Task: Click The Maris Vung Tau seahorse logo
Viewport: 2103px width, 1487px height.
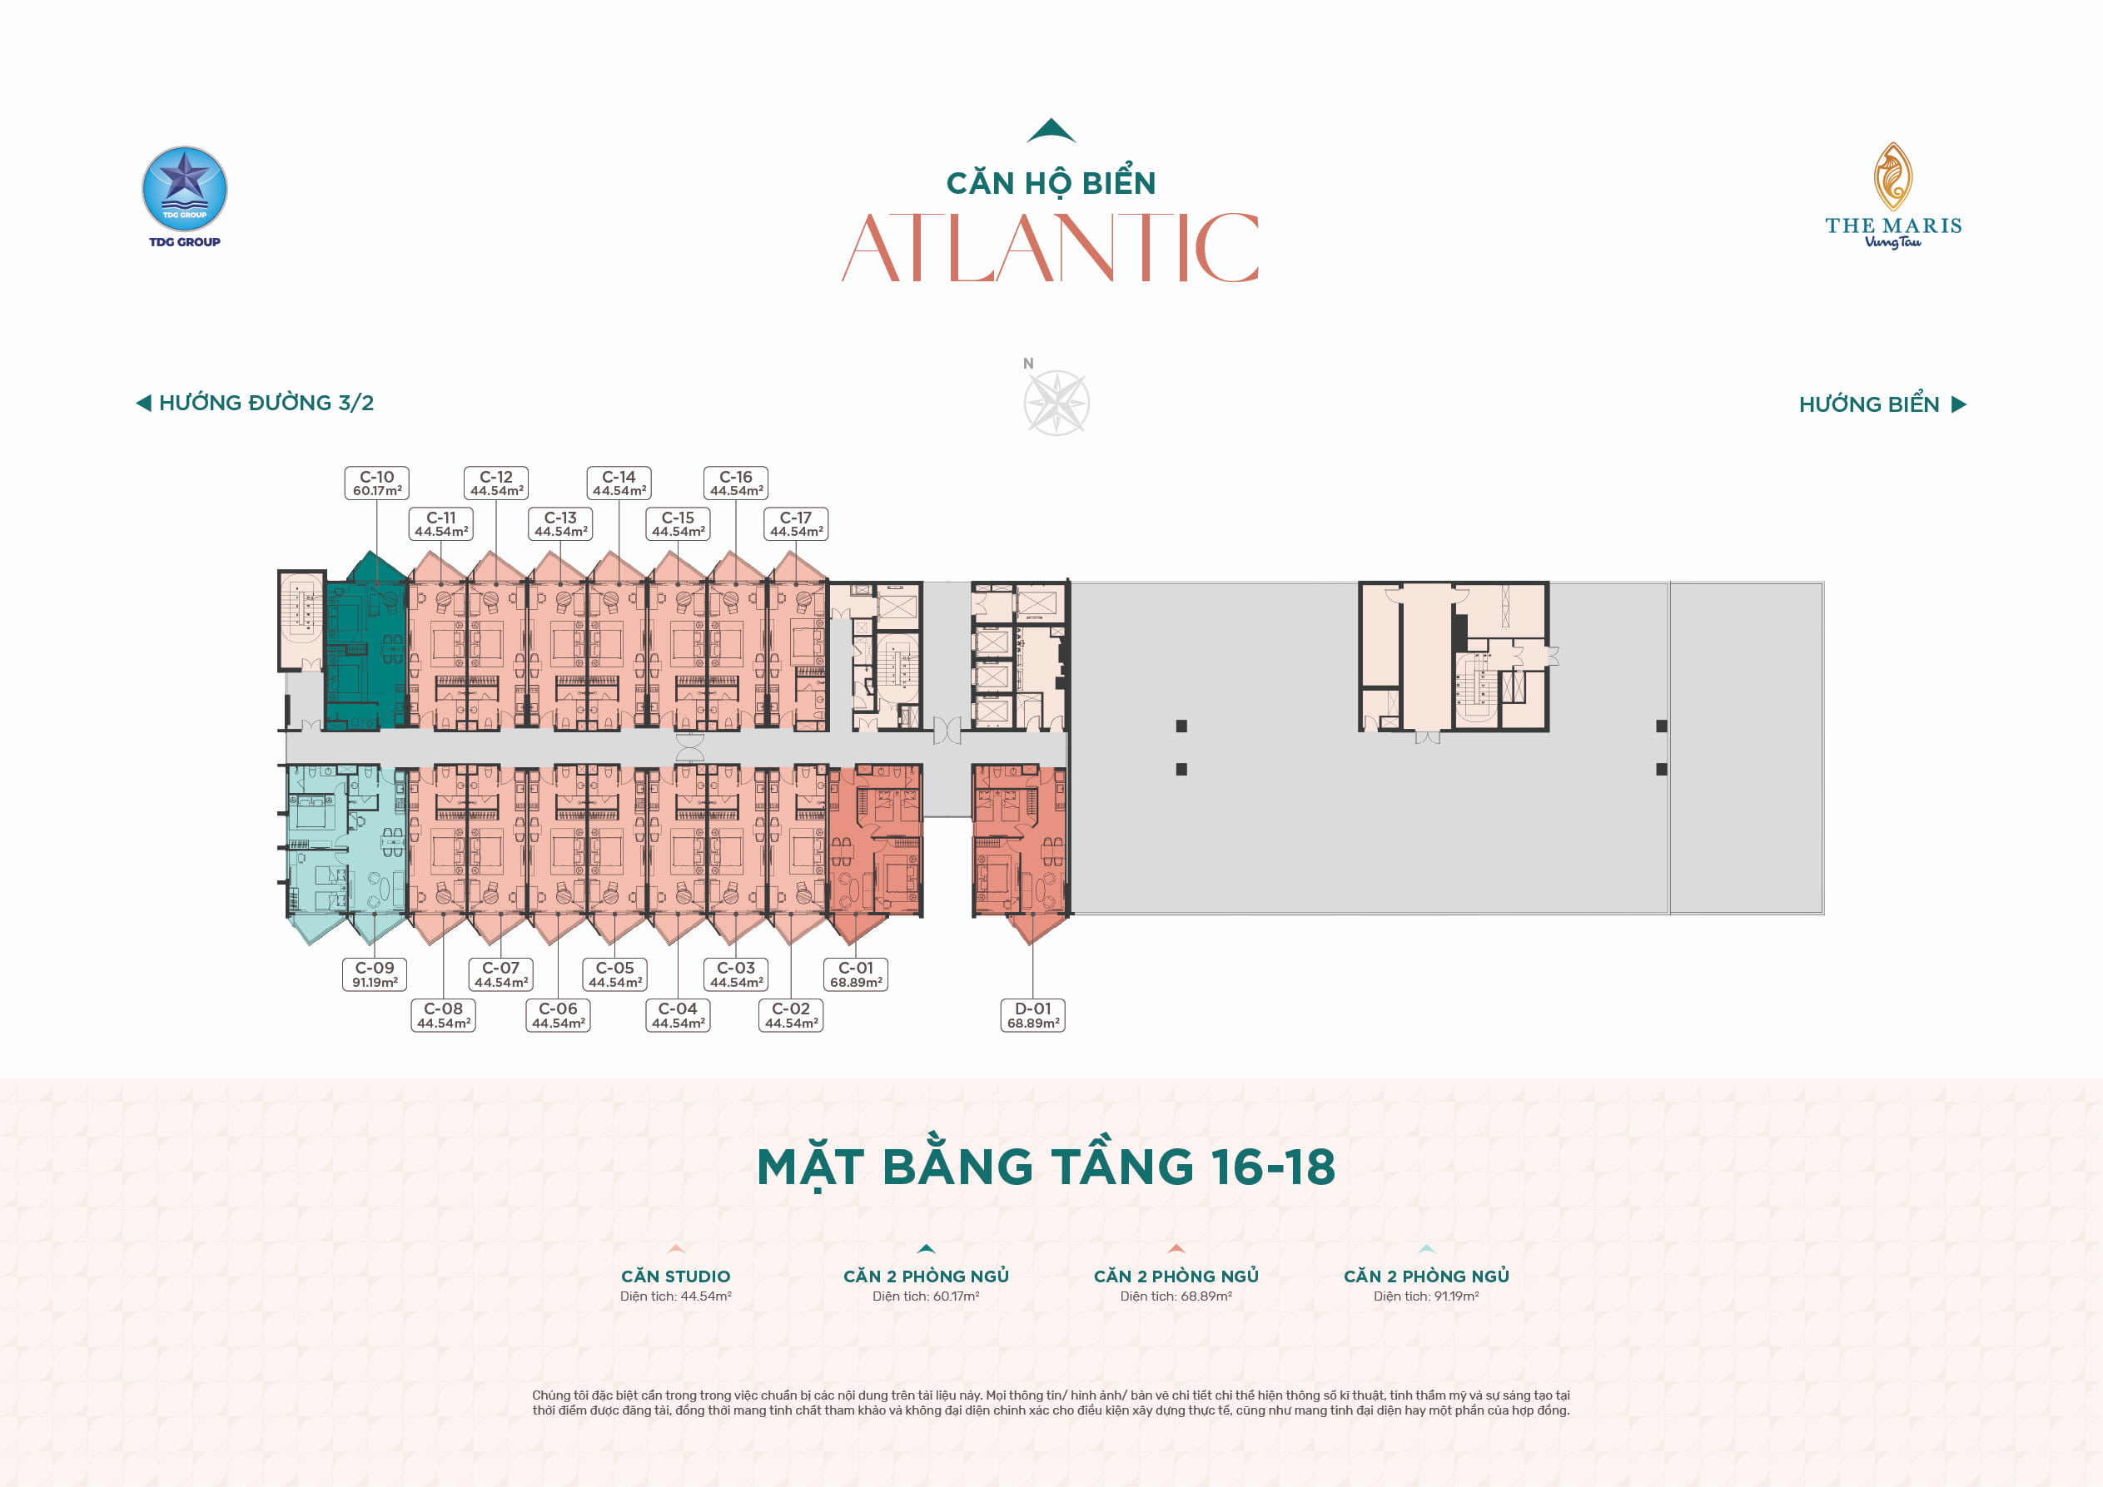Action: click(1892, 195)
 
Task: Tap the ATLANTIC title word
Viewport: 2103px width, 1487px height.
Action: click(1051, 247)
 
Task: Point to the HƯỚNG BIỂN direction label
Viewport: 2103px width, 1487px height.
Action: click(1882, 404)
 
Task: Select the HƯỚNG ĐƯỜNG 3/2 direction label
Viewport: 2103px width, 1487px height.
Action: click(255, 403)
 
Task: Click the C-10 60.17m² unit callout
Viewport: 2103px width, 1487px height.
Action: click(376, 483)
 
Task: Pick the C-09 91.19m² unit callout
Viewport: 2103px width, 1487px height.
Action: click(375, 974)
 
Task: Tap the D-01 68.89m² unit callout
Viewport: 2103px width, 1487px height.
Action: click(1033, 1015)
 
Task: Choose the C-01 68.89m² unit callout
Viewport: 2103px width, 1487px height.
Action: click(857, 974)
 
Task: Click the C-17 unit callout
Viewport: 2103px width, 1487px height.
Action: click(796, 523)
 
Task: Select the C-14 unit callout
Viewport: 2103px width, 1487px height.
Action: click(619, 483)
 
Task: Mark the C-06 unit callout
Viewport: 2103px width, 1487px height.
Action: click(558, 1015)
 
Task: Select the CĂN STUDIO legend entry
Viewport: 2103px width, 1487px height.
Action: click(676, 1275)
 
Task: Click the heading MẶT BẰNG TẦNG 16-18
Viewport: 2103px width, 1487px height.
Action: click(1046, 1167)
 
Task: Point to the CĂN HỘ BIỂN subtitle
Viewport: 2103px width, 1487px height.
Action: click(1051, 182)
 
